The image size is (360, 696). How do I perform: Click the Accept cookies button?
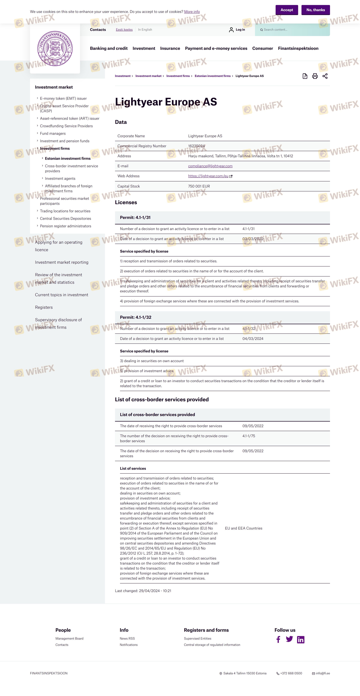click(x=286, y=10)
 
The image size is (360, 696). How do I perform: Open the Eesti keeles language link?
click(x=124, y=30)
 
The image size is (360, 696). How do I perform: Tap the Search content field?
click(x=293, y=30)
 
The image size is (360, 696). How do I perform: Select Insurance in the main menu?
click(x=170, y=48)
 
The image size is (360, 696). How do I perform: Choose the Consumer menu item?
click(x=262, y=48)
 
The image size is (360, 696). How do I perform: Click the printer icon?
click(x=315, y=76)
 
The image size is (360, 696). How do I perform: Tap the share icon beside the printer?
click(x=325, y=76)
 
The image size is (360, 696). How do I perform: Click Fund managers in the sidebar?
click(x=53, y=133)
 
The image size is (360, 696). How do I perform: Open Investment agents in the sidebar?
click(x=60, y=179)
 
